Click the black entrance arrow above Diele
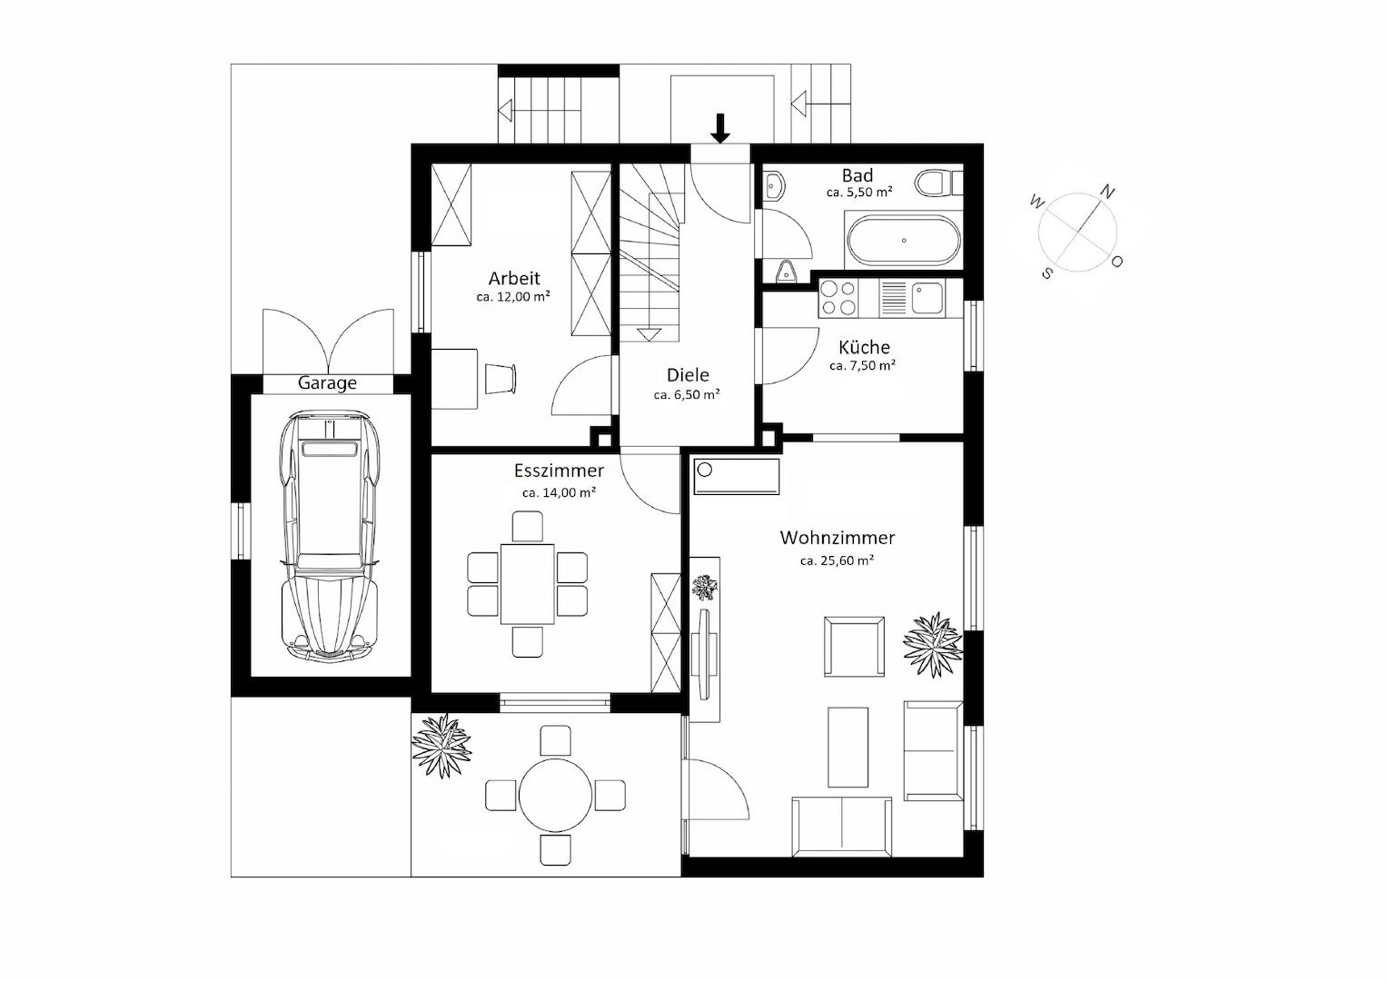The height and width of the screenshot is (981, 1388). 719,128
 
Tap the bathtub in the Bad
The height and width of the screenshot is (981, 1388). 904,241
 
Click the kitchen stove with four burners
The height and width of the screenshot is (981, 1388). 838,298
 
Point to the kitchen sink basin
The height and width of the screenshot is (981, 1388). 927,298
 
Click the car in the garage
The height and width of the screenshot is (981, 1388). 329,537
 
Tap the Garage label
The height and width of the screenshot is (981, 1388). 327,383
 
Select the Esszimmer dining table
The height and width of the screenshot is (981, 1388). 528,584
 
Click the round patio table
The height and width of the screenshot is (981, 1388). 555,795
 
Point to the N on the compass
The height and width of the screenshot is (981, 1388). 1106,192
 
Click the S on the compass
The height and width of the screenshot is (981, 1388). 1046,272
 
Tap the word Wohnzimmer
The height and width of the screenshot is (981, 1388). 838,538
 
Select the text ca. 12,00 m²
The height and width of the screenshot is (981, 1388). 513,296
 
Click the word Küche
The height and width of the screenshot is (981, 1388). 864,346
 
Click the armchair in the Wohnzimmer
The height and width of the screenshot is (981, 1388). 854,647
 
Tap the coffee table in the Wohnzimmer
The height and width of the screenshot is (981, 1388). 848,748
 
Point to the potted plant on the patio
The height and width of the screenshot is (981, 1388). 441,746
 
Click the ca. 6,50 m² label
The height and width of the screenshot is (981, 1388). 687,394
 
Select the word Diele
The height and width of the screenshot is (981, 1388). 688,375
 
